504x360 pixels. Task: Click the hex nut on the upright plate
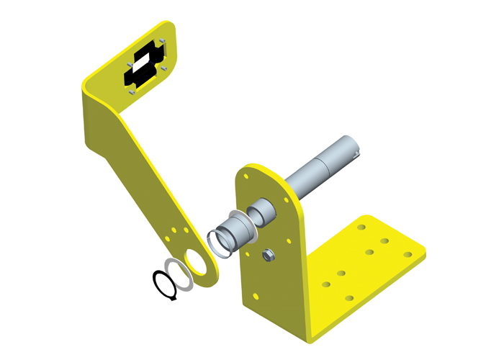point(268,254)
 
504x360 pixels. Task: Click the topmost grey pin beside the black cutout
point(163,42)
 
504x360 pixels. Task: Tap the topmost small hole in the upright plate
point(246,174)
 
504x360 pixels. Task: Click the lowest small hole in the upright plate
point(253,296)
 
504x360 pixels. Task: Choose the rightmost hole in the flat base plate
point(408,254)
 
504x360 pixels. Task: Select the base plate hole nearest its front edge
point(349,297)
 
